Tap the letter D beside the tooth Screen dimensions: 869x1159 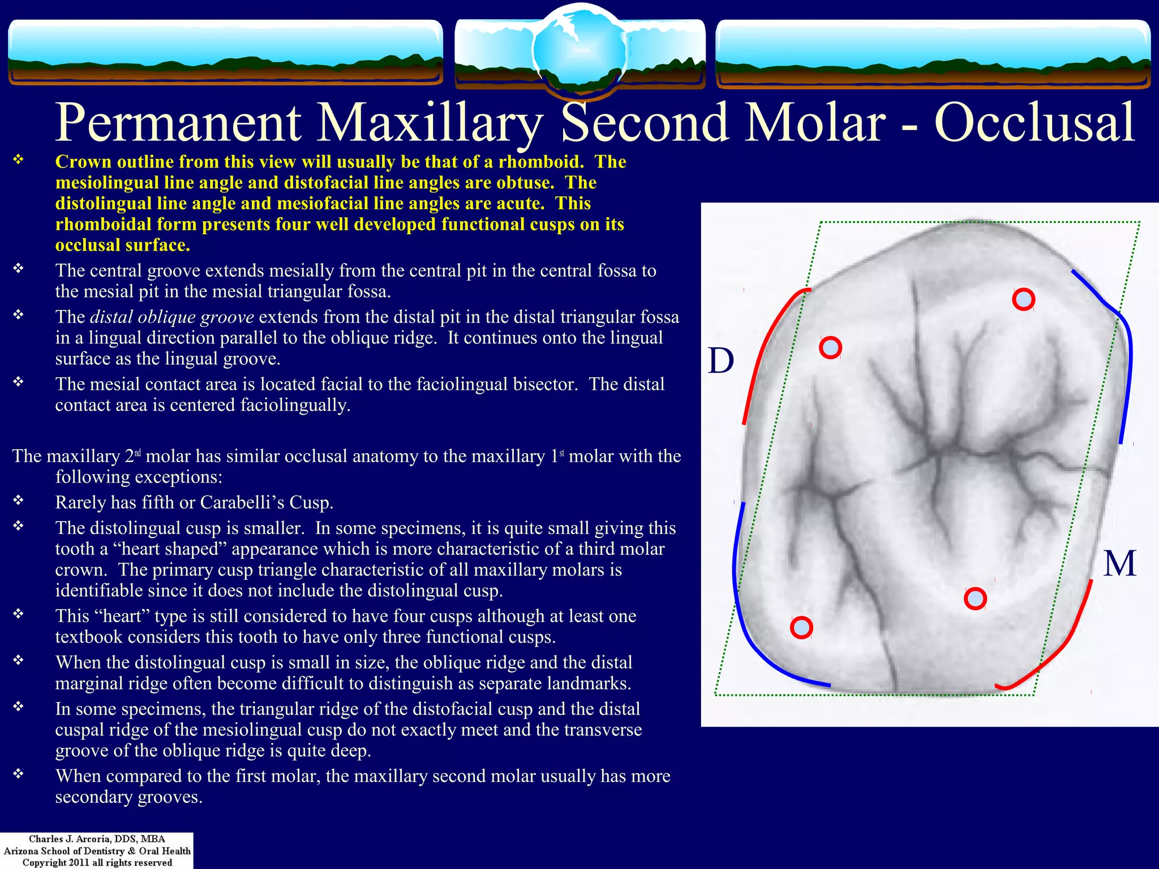point(721,361)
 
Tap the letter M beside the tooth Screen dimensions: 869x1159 point(1119,563)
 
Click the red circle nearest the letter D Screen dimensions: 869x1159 point(830,347)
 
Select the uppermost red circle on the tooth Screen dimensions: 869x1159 point(1023,299)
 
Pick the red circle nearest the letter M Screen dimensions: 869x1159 point(975,599)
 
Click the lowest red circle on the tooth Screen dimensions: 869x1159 point(801,627)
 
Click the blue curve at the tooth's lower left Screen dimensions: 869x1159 point(747,622)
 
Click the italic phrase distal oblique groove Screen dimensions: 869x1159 point(171,317)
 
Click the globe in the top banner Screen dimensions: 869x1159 point(579,50)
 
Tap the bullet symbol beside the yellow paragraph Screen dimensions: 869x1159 point(19,160)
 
